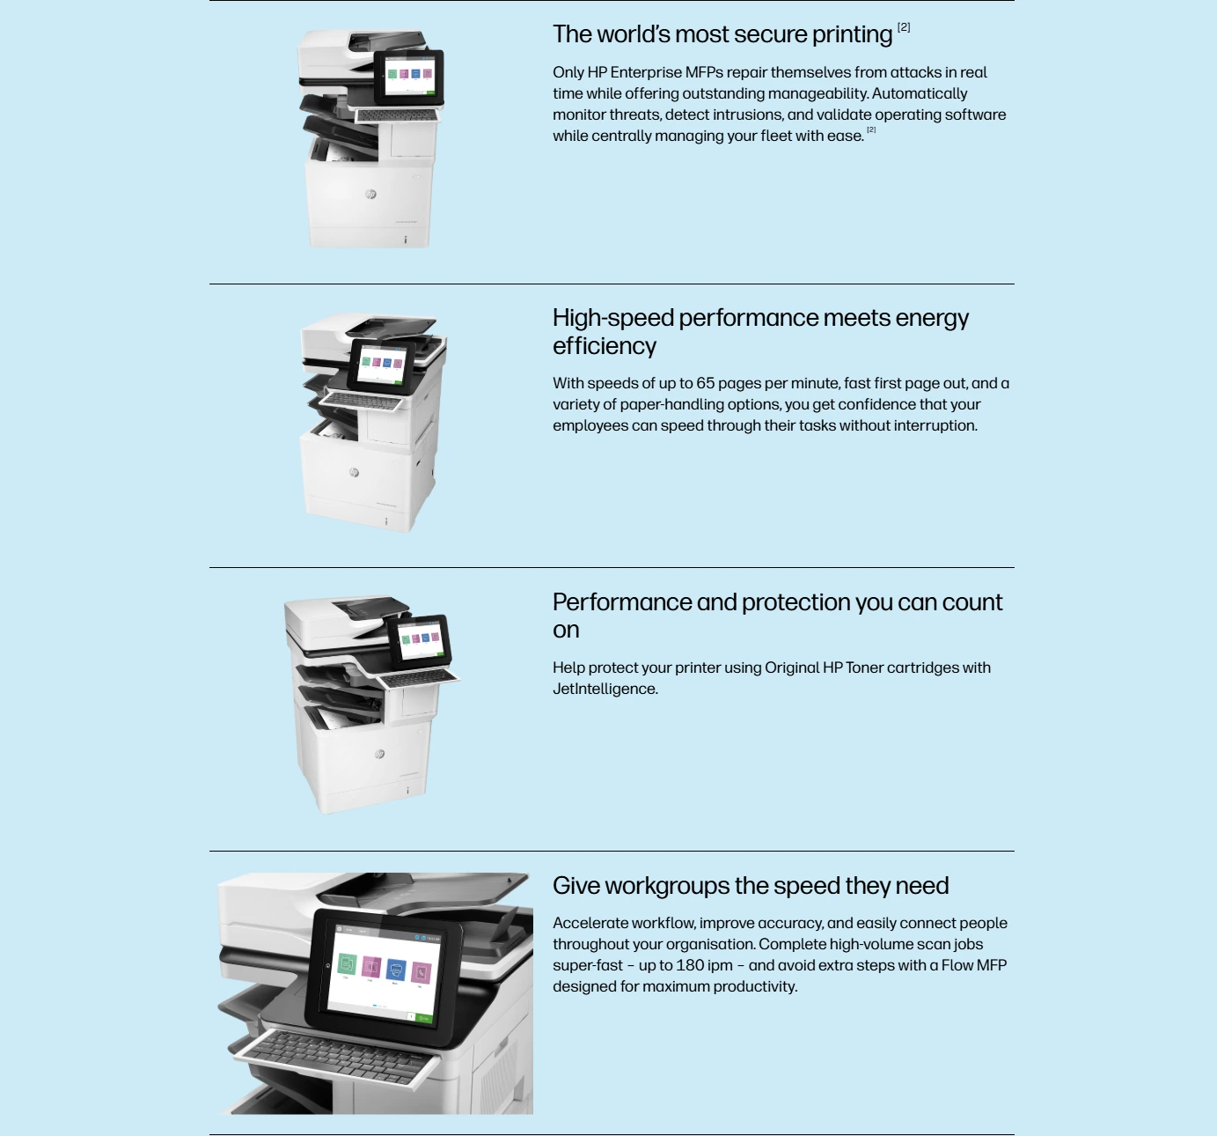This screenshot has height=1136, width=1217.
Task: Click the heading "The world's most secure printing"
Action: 722,34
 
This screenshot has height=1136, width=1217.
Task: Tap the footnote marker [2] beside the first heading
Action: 904,27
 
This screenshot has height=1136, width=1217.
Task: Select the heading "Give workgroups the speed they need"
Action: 751,886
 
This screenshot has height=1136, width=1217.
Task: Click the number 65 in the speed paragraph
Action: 706,383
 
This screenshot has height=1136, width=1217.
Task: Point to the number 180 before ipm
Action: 689,965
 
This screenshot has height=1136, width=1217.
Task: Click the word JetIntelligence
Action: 605,689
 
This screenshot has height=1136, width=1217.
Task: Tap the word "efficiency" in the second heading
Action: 605,346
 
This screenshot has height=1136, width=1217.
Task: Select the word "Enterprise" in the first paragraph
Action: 646,72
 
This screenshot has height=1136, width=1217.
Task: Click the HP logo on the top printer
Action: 370,195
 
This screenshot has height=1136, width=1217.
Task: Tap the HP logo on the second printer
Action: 354,472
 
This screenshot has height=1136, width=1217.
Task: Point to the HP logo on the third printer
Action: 379,754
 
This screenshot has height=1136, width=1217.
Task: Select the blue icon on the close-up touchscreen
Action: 396,970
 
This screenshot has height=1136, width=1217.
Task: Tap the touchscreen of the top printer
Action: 408,77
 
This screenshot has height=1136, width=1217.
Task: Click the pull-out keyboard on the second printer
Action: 363,401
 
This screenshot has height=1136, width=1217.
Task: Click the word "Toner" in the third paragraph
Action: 864,668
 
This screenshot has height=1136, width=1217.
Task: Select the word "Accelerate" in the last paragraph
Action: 590,923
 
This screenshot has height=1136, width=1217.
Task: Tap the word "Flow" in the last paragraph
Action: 957,965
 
